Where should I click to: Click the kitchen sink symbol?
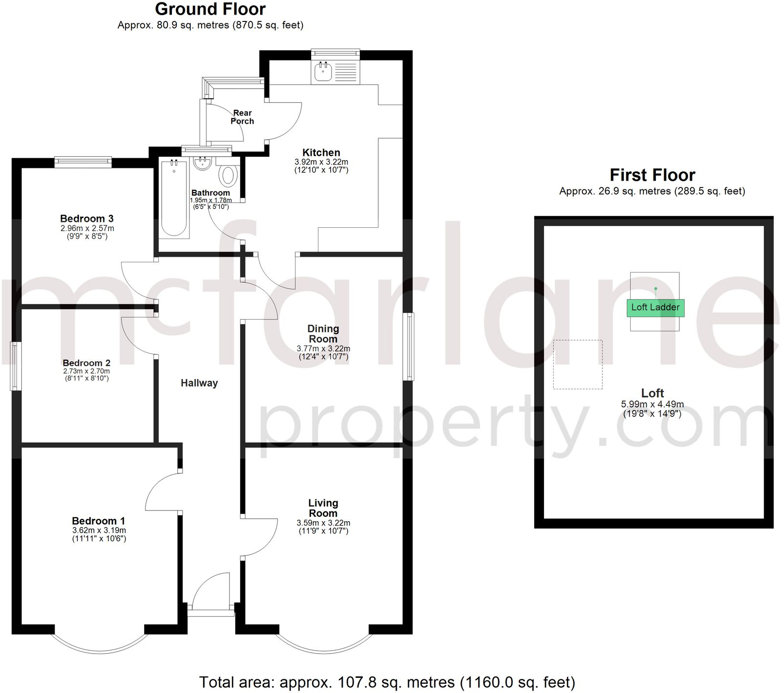coord(323,72)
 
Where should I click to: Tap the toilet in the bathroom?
coord(228,176)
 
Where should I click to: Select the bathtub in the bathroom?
coord(174,199)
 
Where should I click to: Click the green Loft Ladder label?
coord(655,308)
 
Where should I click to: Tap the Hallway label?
coord(199,383)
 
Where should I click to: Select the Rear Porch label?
coord(243,117)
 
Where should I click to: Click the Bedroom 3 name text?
coord(87,219)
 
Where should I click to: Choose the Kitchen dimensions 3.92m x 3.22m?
coord(321,162)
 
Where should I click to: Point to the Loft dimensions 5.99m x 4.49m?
coord(652,404)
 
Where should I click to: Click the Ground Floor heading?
coord(210,9)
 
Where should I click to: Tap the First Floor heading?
coord(652,175)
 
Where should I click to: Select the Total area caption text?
coord(387,682)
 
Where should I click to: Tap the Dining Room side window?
coord(409,346)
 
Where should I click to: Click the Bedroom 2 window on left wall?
coord(16,365)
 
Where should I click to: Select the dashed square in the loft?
coord(578,365)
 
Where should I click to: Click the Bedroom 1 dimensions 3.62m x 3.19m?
coord(99,530)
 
